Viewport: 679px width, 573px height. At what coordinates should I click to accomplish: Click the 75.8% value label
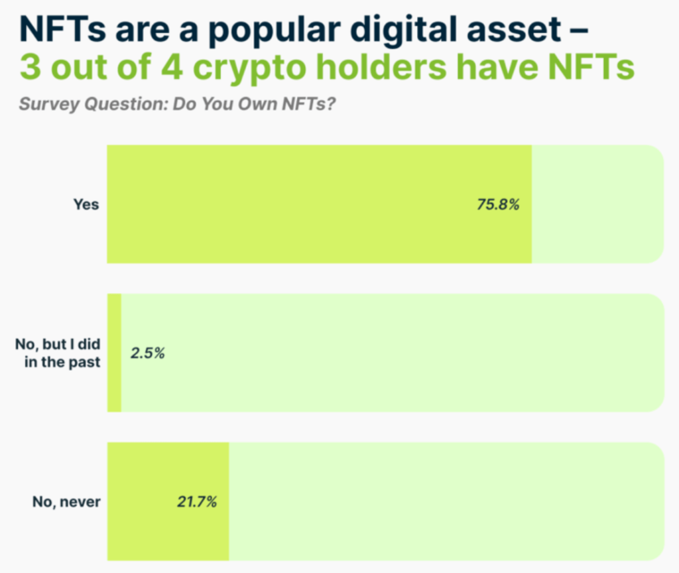497,204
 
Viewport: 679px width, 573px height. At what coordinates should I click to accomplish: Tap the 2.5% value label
147,353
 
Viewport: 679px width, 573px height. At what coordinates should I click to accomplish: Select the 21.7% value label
197,502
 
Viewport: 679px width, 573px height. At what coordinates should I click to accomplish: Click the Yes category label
86,204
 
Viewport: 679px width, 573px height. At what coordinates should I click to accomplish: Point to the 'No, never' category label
66,502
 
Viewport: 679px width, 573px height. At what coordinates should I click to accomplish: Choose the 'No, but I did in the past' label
58,353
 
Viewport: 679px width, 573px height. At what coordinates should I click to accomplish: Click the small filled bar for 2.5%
114,353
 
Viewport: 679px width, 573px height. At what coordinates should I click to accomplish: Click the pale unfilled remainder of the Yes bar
597,204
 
